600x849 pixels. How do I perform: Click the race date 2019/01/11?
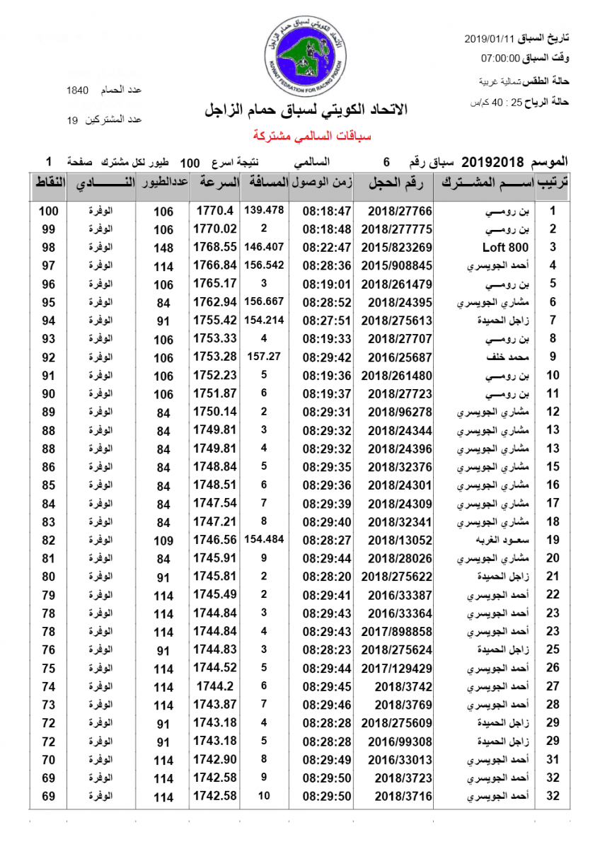pyautogui.click(x=491, y=38)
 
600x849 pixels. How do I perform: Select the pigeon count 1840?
pyautogui.click(x=76, y=91)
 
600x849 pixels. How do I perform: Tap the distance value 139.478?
pyautogui.click(x=264, y=210)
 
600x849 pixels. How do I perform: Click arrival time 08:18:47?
pyautogui.click(x=327, y=211)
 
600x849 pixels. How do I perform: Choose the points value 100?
pyautogui.click(x=48, y=211)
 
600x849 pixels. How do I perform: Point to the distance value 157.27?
pyautogui.click(x=264, y=357)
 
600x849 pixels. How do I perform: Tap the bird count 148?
pyautogui.click(x=163, y=248)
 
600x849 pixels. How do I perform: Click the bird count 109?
pyautogui.click(x=163, y=541)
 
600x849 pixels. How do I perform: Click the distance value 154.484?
pyautogui.click(x=264, y=539)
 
